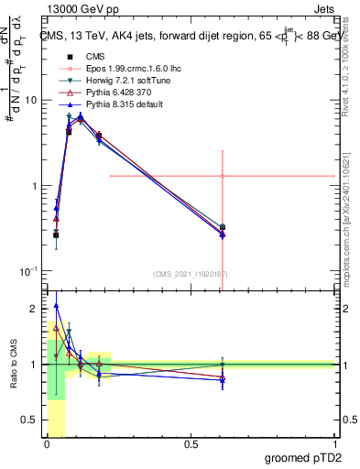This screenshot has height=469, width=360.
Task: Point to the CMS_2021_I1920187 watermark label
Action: (191, 274)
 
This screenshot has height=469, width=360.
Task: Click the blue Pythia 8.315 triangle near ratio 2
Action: (57, 306)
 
